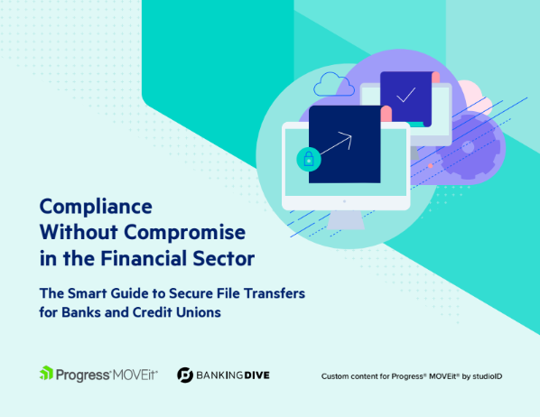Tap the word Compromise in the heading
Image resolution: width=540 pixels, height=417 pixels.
click(x=184, y=232)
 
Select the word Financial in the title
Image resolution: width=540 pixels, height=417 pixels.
click(x=153, y=258)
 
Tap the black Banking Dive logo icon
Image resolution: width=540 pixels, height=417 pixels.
click(x=184, y=375)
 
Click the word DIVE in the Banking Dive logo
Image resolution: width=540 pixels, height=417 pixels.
click(x=254, y=375)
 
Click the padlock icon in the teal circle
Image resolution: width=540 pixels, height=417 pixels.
click(x=309, y=160)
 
